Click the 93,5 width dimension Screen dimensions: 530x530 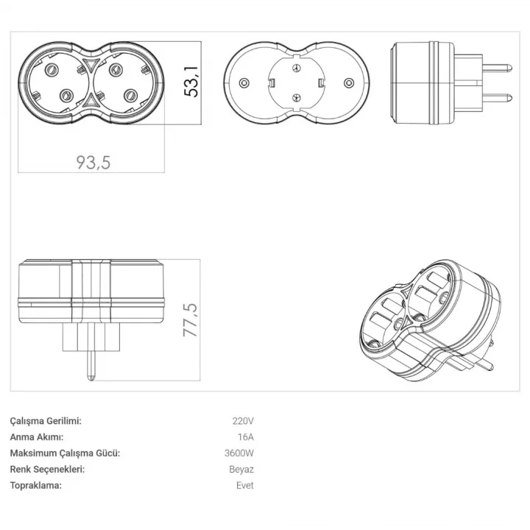point(93,163)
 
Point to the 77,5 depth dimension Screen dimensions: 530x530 point(190,319)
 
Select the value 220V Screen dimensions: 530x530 point(243,421)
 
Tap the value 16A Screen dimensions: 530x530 point(245,437)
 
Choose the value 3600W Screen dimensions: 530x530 point(239,453)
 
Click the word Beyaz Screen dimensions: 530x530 point(241,470)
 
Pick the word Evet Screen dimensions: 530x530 point(245,485)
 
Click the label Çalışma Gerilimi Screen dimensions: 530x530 point(46,421)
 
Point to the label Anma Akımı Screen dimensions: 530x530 point(37,437)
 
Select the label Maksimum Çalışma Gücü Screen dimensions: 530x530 point(66,453)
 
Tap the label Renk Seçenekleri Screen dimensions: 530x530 point(47,470)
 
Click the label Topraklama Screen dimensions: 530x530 point(36,486)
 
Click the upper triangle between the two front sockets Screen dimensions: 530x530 point(91,63)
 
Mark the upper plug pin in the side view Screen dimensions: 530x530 point(497,68)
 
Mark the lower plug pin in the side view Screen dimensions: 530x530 point(497,99)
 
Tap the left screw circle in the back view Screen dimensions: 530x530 point(244,82)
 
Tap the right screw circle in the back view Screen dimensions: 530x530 point(349,82)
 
